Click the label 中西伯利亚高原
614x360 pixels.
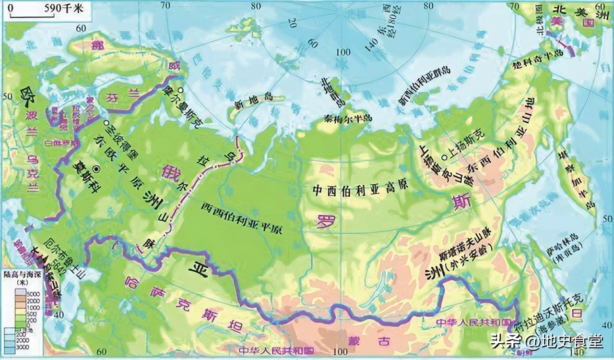click(360, 189)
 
